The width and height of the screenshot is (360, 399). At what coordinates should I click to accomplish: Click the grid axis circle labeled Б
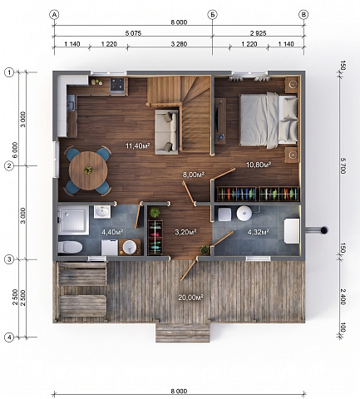212,15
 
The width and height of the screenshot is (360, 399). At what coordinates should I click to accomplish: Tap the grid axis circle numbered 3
9,259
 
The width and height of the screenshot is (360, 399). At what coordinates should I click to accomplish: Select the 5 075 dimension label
133,33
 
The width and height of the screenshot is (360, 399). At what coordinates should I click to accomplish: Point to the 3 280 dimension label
179,44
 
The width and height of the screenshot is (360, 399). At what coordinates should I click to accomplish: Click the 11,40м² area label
138,145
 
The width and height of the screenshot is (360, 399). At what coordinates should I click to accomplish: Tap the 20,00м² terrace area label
190,298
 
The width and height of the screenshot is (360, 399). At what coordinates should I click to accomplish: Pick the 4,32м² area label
258,232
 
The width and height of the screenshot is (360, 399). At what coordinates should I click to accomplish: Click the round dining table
88,170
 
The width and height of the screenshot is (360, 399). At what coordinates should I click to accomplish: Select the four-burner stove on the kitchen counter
117,85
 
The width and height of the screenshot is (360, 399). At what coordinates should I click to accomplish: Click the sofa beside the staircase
166,131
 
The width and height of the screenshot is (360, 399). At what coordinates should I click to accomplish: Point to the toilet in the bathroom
70,247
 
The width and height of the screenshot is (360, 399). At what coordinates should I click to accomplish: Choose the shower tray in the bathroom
73,220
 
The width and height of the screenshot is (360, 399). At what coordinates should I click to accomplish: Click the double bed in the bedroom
269,120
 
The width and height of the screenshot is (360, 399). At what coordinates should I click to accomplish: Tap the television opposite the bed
219,121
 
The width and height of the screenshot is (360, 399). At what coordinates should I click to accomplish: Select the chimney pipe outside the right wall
317,229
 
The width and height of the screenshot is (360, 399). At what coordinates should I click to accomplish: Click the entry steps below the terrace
183,332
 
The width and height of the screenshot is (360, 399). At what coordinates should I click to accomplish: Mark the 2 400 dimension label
343,297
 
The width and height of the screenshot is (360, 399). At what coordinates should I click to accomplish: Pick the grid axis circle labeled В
304,15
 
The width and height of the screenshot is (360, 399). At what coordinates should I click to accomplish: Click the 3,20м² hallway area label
185,232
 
